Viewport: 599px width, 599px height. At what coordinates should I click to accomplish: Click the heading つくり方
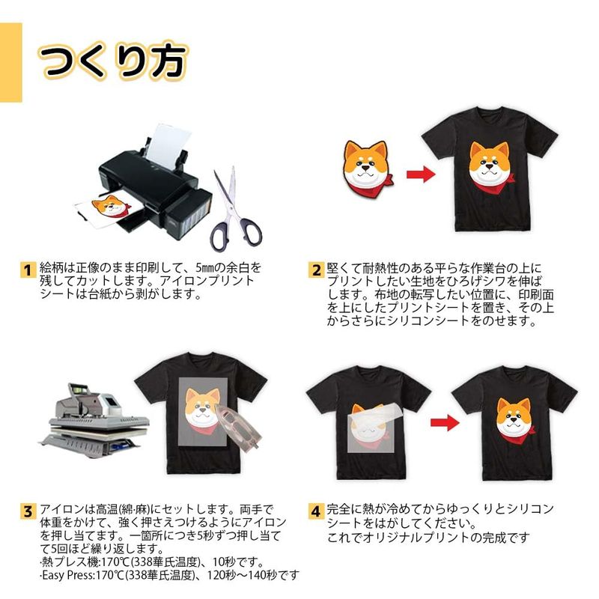pos(113,62)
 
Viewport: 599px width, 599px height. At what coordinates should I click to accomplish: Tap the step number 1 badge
pos(28,270)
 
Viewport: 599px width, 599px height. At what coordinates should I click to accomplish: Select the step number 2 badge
pos(316,270)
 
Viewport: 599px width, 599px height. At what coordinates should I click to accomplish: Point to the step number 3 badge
pos(28,511)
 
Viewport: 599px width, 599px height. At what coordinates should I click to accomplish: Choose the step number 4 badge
pos(316,511)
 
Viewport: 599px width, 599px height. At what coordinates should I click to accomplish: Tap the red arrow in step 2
pos(421,175)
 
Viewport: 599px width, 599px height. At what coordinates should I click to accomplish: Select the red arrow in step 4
pos(445,422)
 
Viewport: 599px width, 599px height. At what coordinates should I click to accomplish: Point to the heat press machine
pos(94,420)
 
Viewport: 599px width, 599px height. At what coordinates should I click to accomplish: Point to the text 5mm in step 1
pos(205,267)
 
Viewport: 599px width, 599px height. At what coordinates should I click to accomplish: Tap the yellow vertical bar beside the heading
pos(10,62)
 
